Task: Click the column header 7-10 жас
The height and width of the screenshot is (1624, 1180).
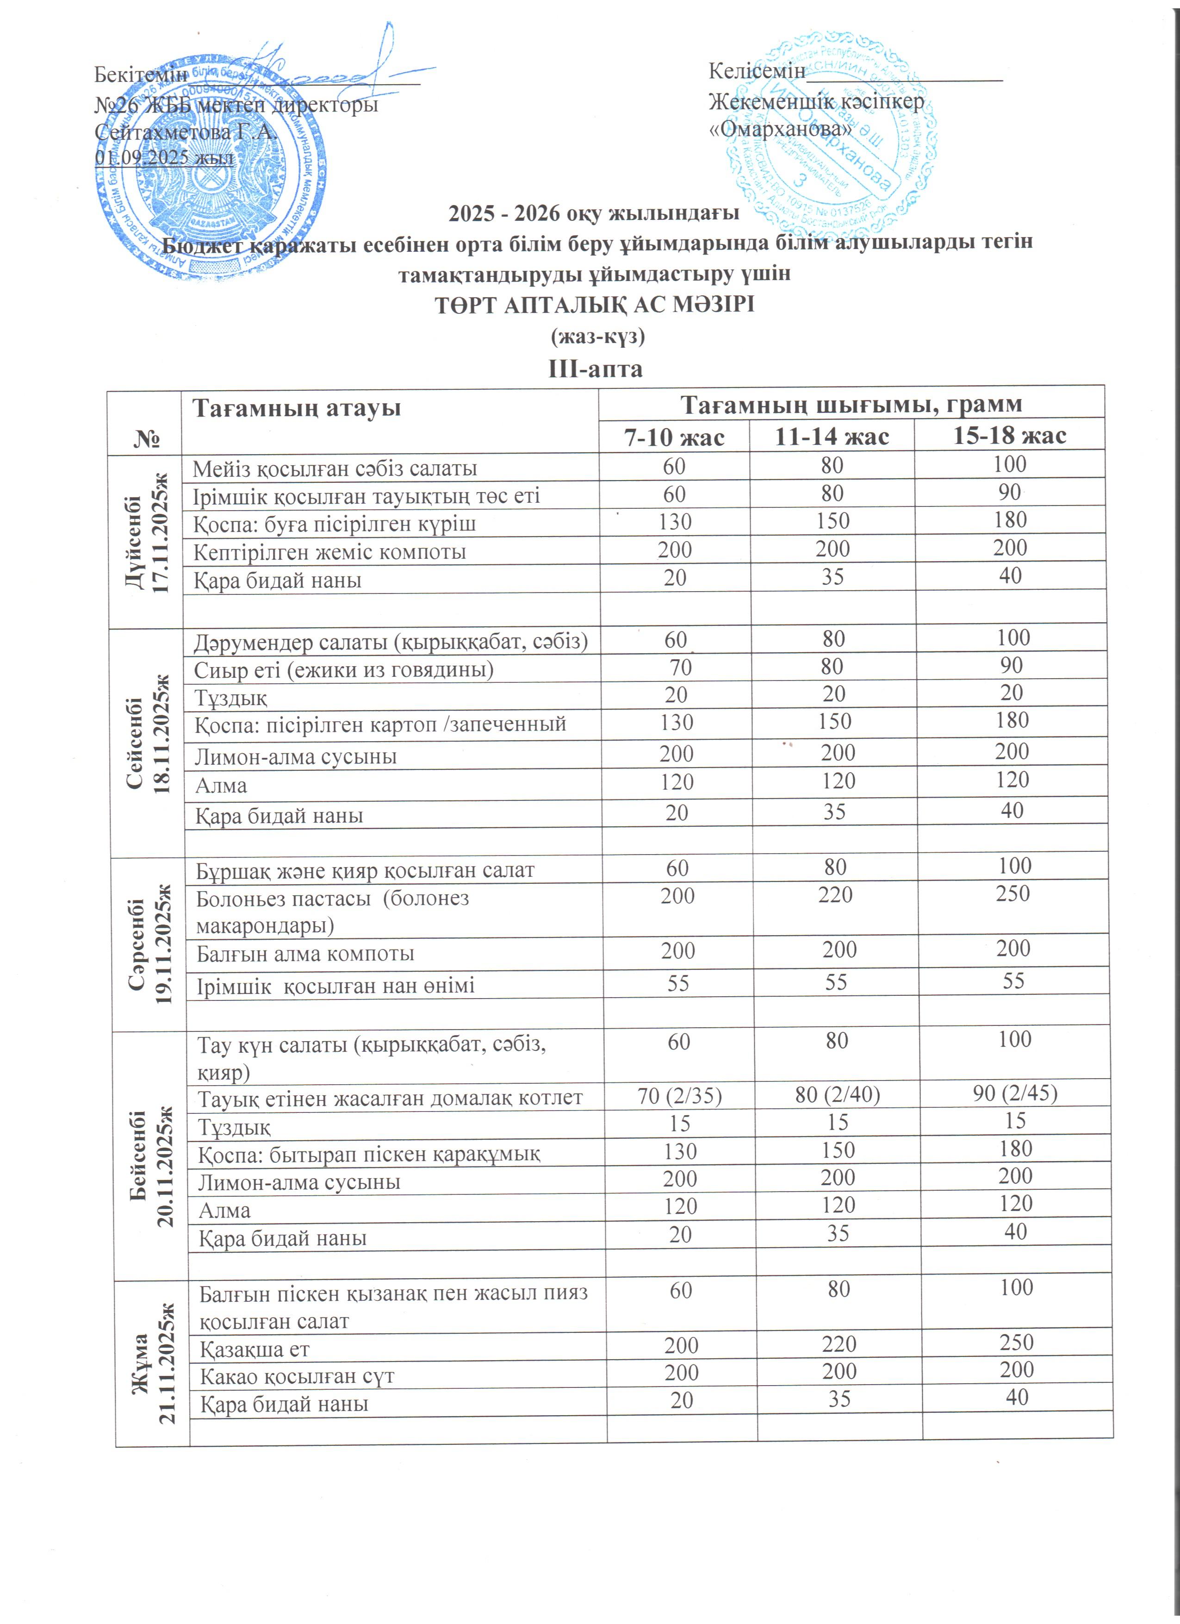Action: (x=674, y=436)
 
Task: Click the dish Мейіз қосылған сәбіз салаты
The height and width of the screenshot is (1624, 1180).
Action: (x=335, y=468)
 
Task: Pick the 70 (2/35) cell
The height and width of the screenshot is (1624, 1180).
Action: (x=679, y=1096)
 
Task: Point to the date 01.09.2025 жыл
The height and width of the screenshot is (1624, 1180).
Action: (x=165, y=157)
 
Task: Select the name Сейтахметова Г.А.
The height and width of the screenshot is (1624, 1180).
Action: (x=186, y=132)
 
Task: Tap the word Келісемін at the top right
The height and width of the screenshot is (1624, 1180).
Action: (x=757, y=72)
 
